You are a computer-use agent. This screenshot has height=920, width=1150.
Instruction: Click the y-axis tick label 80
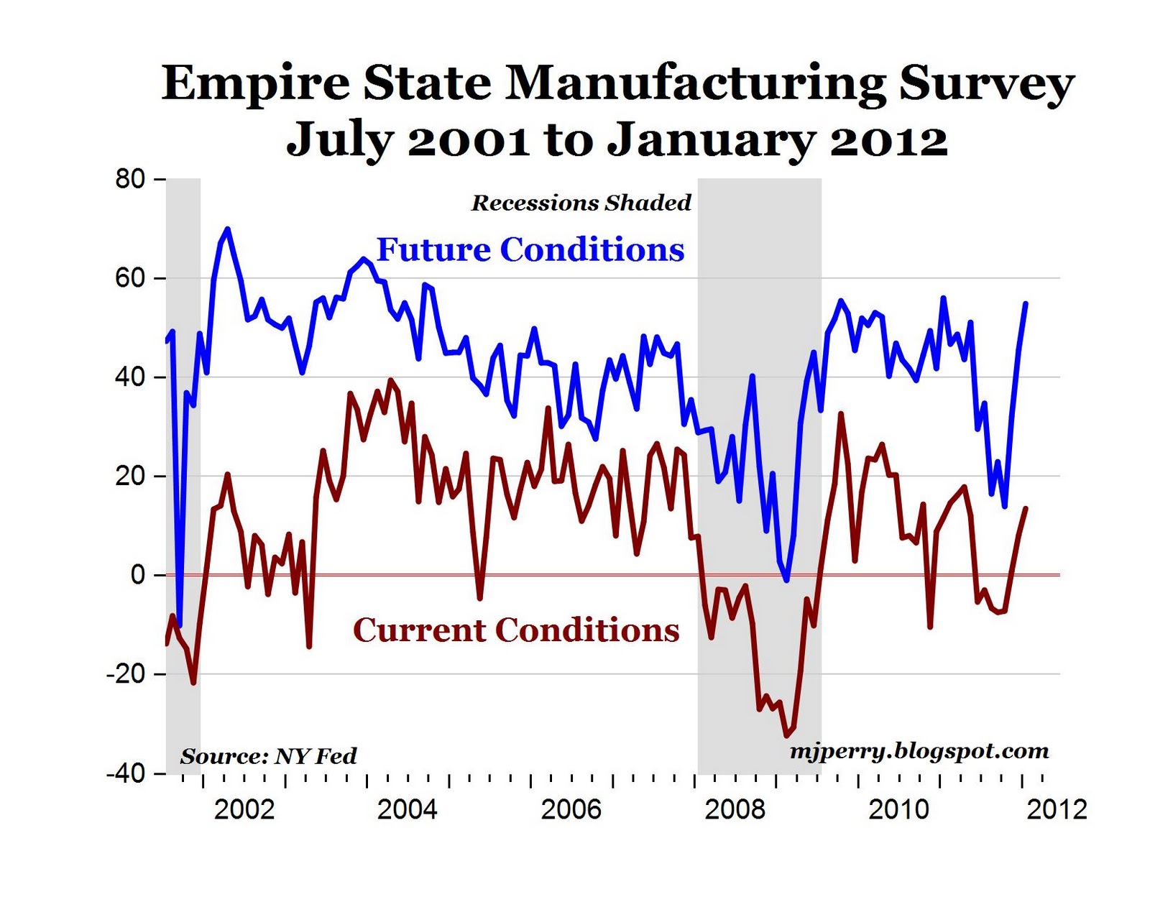[x=130, y=179]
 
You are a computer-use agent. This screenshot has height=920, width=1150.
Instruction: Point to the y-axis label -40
[x=126, y=773]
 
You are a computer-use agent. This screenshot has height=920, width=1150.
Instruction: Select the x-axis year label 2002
[x=244, y=809]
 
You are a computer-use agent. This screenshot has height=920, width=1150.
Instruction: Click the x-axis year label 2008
[x=735, y=809]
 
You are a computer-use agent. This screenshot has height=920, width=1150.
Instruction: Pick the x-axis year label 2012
[x=1057, y=809]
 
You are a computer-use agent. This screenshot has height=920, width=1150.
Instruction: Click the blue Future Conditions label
[x=530, y=249]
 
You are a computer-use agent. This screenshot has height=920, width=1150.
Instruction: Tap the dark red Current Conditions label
[x=516, y=630]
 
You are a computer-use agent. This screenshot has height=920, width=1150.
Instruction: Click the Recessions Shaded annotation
[x=581, y=203]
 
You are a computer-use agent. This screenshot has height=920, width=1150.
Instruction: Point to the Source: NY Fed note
[x=268, y=756]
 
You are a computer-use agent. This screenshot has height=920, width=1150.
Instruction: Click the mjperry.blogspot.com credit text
[x=919, y=751]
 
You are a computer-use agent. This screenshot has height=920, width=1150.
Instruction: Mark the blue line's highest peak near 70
[x=228, y=229]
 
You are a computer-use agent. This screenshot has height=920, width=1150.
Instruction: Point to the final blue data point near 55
[x=1026, y=303]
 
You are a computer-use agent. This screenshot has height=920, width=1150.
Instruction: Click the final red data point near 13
[x=1026, y=508]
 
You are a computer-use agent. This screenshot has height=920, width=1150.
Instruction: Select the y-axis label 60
[x=130, y=278]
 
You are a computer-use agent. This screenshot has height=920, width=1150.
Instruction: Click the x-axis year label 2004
[x=407, y=809]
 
